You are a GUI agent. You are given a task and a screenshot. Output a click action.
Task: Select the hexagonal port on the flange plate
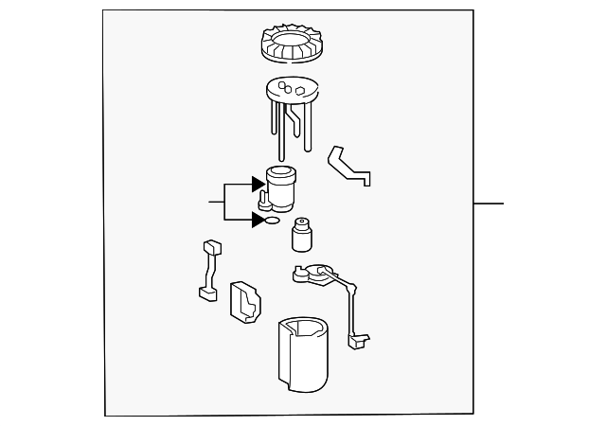299,92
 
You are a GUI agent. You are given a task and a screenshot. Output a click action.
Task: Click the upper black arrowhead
258,184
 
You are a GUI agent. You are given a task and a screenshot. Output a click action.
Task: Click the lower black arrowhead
258,220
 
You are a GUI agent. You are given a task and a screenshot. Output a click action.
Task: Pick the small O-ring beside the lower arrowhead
272,222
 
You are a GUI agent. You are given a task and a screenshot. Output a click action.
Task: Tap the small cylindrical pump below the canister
303,237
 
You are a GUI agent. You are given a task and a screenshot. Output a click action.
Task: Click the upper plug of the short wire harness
212,248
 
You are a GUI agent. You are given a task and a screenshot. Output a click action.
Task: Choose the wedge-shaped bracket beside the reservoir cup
245,302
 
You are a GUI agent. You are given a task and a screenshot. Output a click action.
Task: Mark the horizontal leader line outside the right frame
489,204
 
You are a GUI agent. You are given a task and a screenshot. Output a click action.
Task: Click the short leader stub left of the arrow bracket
216,202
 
